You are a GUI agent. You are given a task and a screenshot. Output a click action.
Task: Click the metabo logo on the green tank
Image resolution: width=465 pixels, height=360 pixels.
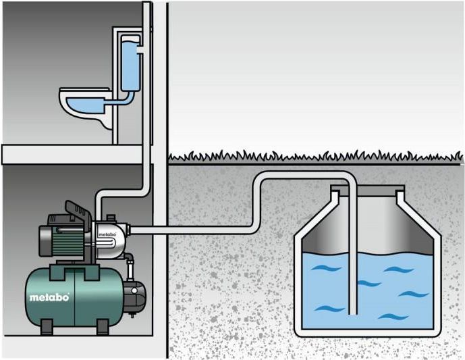pyautogui.click(x=49, y=297)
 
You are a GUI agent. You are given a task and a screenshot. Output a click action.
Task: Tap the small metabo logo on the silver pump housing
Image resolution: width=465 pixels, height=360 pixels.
pyautogui.click(x=107, y=234)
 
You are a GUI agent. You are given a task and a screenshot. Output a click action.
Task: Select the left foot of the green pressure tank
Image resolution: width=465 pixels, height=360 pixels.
pyautogui.click(x=47, y=327)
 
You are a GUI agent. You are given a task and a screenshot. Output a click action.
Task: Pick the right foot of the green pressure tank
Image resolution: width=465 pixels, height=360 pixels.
pyautogui.click(x=103, y=327)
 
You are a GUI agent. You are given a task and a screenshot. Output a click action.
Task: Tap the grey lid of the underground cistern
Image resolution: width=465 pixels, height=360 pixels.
pyautogui.click(x=367, y=188)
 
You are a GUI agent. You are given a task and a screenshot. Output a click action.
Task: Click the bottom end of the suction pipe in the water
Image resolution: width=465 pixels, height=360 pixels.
pyautogui.click(x=352, y=314)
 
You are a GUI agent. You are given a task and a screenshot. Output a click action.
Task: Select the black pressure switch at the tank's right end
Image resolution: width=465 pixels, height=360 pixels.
pyautogui.click(x=135, y=297)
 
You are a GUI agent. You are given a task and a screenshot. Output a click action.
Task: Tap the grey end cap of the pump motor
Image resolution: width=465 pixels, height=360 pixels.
pyautogui.click(x=45, y=240)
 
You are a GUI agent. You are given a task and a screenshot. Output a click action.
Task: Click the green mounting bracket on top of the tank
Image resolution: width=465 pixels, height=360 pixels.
pyautogui.click(x=74, y=272)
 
